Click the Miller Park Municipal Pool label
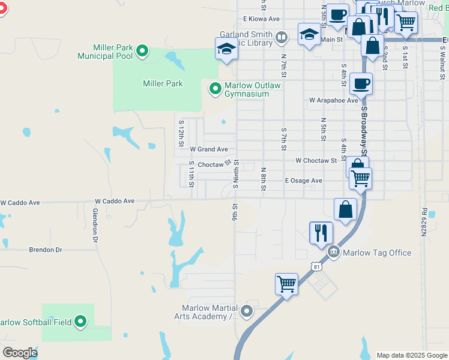click(104, 52)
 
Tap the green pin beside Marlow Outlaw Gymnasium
click(214, 89)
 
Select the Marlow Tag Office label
click(376, 253)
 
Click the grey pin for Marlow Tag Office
click(333, 252)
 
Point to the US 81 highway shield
click(316, 265)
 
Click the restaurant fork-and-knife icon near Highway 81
click(321, 232)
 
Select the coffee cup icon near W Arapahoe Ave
click(361, 83)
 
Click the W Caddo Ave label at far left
click(20, 203)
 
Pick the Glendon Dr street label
click(95, 225)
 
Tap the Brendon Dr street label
click(46, 249)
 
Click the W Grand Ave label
click(209, 149)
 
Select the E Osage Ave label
click(303, 181)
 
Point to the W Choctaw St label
click(316, 161)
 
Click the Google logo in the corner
click(20, 353)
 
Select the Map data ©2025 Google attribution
click(411, 355)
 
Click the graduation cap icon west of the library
click(227, 49)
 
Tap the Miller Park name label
click(163, 83)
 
